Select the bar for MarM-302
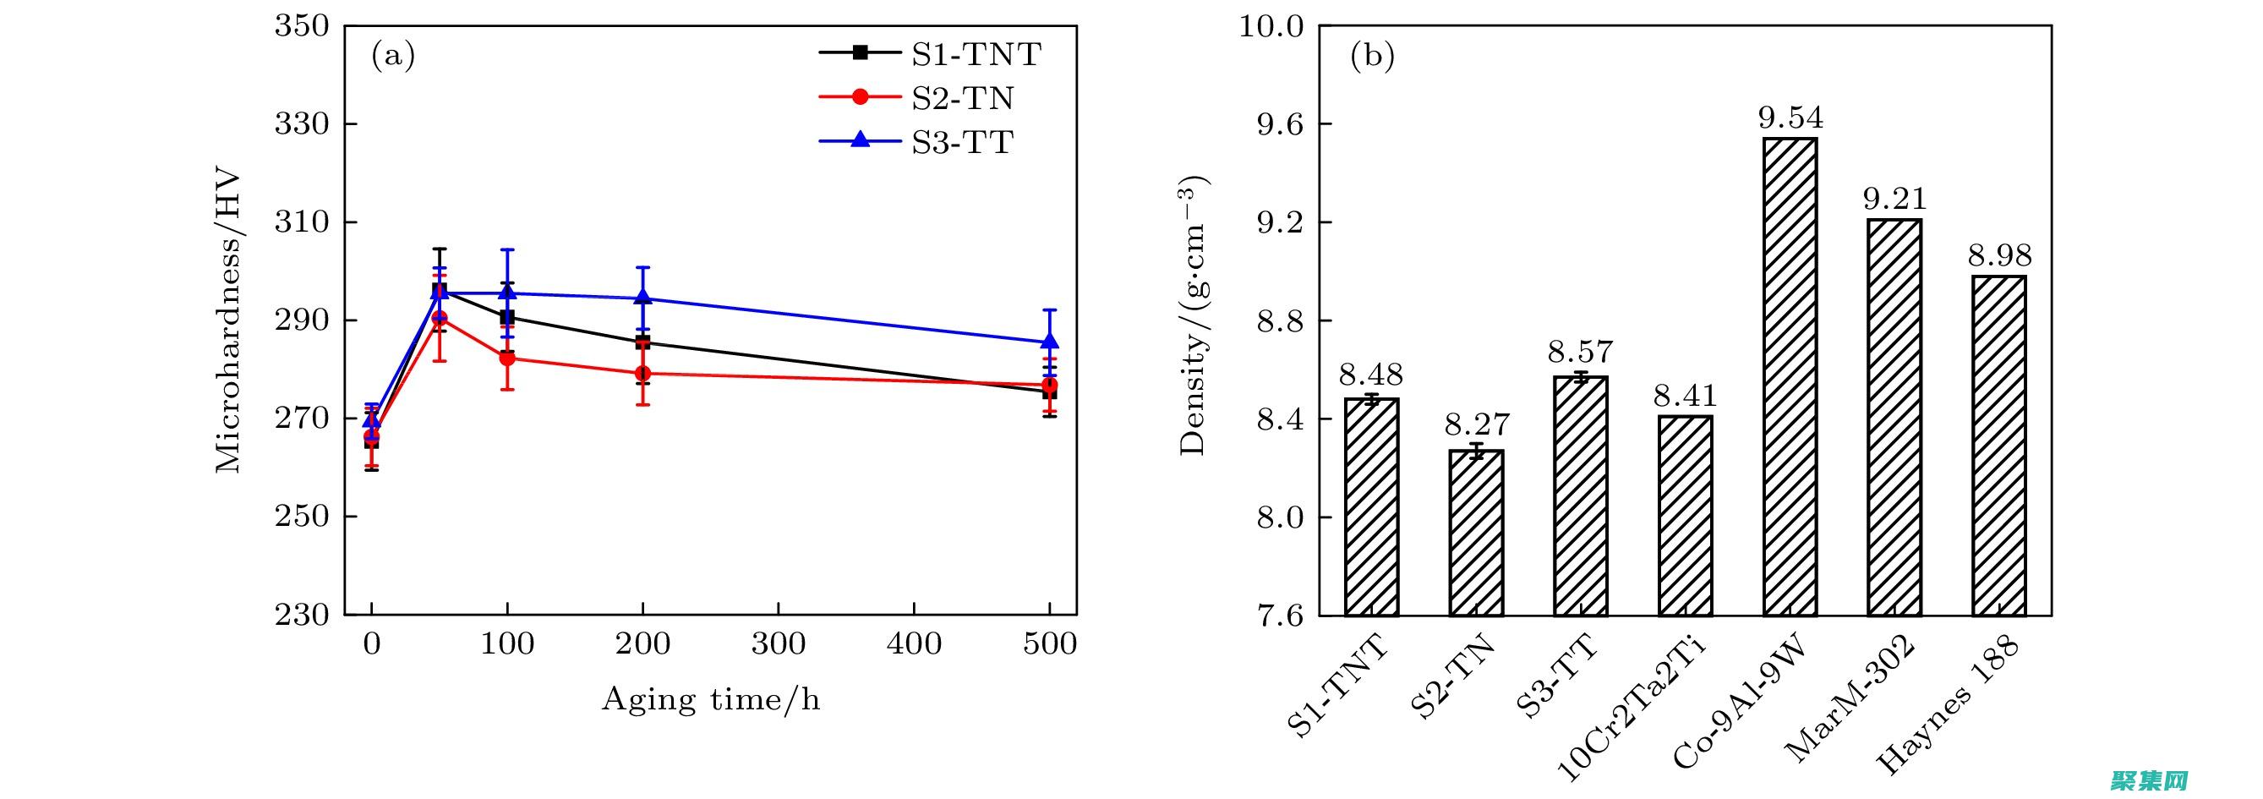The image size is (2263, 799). pos(1894,417)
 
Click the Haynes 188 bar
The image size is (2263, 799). pos(1998,446)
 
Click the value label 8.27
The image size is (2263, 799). pos(1477,425)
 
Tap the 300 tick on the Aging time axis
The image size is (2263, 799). pos(779,644)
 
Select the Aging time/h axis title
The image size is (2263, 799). pos(711,700)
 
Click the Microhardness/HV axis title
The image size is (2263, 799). pos(227,320)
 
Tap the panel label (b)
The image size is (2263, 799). pos(1372,57)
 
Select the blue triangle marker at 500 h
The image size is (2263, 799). pos(1049,341)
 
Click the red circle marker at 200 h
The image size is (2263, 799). pos(642,374)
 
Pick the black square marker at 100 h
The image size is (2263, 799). pos(507,317)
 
